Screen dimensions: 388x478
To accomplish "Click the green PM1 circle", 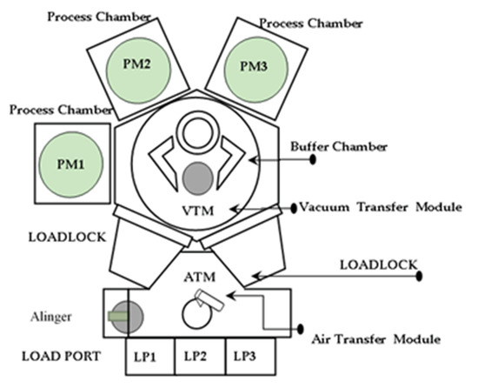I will click(x=70, y=163).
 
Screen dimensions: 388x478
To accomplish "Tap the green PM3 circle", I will click(x=252, y=67).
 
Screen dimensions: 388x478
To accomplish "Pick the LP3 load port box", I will click(x=249, y=358).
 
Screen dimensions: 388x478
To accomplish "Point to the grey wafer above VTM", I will click(x=197, y=177).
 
